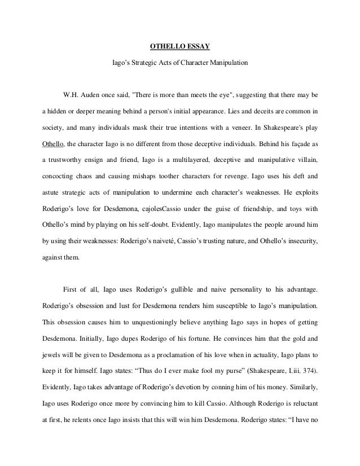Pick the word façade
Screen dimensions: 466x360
295,143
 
